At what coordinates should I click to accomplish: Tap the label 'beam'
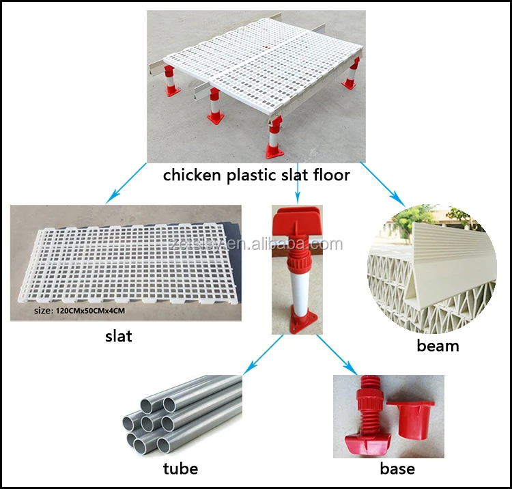tap(438, 346)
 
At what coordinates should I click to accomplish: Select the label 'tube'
tap(180, 468)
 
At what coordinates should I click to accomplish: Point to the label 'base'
tap(397, 469)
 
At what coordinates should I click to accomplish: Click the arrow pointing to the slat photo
tap(126, 182)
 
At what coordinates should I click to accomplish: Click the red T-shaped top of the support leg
tap(298, 221)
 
